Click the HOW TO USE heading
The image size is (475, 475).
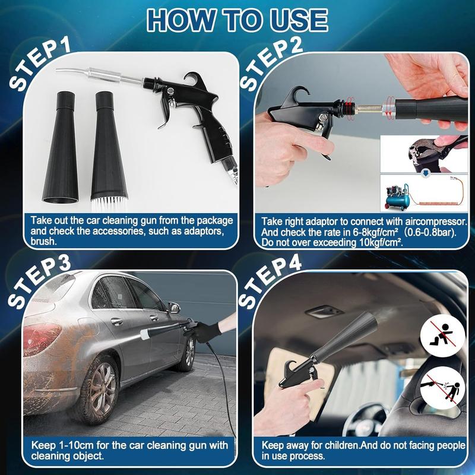tap(237, 20)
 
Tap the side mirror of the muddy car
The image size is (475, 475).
tap(173, 308)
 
